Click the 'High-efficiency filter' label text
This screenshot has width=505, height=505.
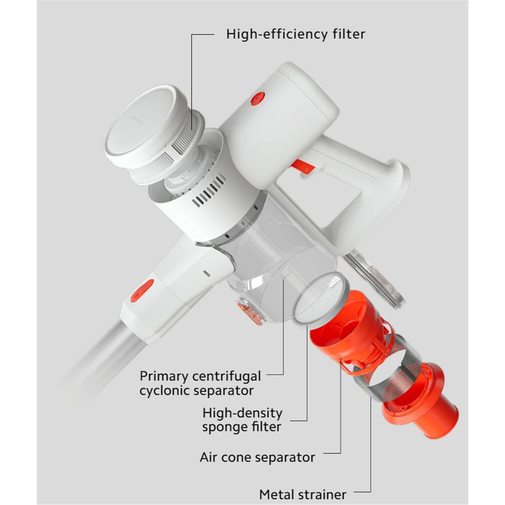click(x=295, y=34)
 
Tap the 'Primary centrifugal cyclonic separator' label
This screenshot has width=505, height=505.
click(x=200, y=383)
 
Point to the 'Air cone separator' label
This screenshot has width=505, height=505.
click(x=257, y=457)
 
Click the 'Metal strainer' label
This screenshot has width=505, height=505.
click(x=303, y=494)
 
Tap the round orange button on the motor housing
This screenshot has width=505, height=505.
click(x=257, y=99)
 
